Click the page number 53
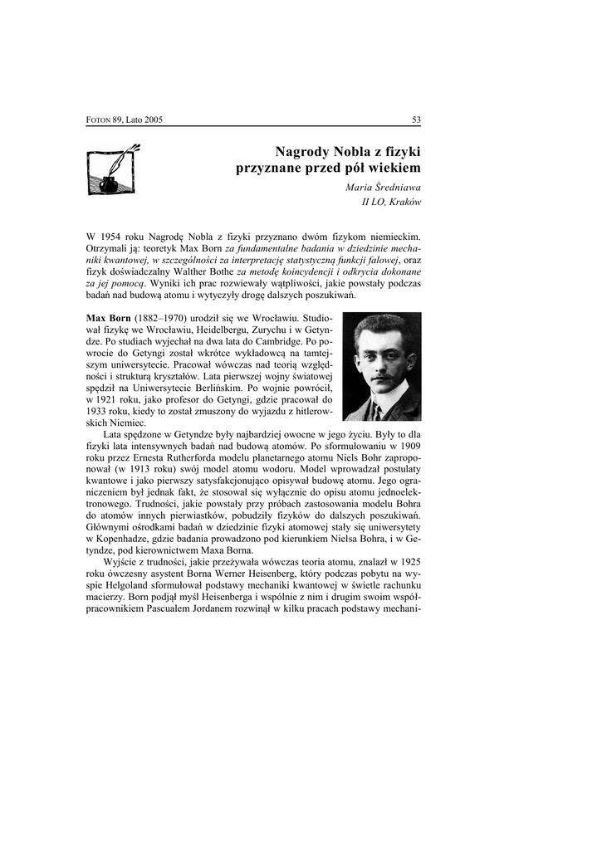pyautogui.click(x=416, y=120)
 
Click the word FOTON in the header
pyautogui.click(x=100, y=120)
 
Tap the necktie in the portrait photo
pyautogui.click(x=377, y=410)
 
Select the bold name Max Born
pyautogui.click(x=108, y=319)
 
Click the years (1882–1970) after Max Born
pyautogui.click(x=160, y=319)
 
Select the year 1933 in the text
pyautogui.click(x=100, y=412)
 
